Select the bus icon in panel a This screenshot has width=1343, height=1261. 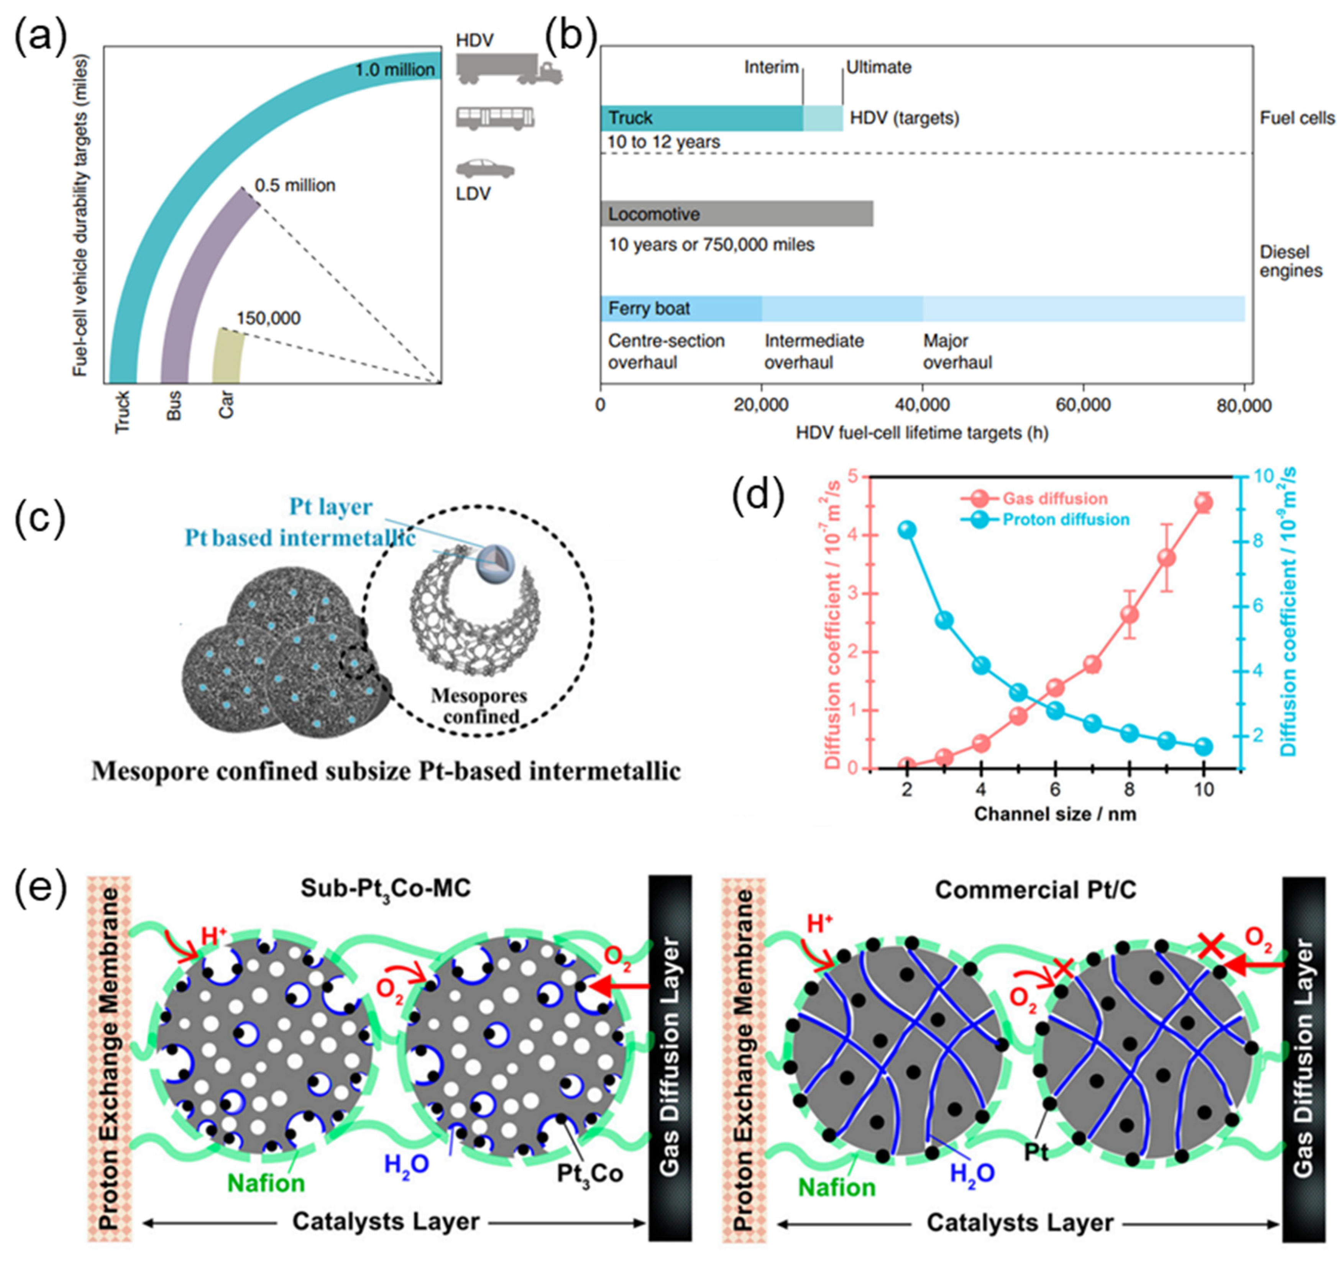tap(495, 118)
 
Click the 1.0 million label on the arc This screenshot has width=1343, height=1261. tap(394, 70)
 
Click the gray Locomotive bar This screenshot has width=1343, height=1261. tap(736, 214)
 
